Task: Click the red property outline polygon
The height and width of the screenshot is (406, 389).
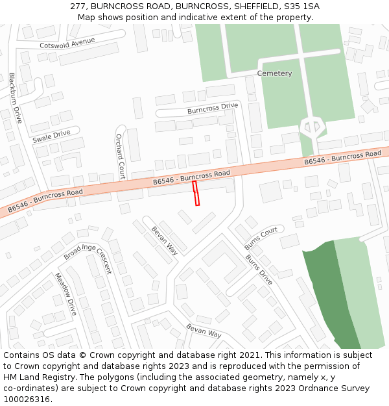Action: (196, 194)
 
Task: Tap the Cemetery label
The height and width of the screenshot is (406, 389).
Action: (274, 73)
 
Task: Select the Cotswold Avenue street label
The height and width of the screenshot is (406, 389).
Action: (67, 44)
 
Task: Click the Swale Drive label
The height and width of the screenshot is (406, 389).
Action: (51, 136)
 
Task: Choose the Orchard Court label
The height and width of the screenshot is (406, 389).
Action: (120, 157)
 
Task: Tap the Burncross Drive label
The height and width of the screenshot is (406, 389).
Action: (213, 108)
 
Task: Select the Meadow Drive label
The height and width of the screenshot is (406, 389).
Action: (66, 294)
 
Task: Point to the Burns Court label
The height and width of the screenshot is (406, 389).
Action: (261, 238)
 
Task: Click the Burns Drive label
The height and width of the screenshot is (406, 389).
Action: (259, 270)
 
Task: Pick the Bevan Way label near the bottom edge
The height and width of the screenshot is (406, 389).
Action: (204, 330)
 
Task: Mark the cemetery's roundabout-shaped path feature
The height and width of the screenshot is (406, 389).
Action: (312, 126)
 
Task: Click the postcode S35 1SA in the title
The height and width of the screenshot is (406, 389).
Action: (300, 6)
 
